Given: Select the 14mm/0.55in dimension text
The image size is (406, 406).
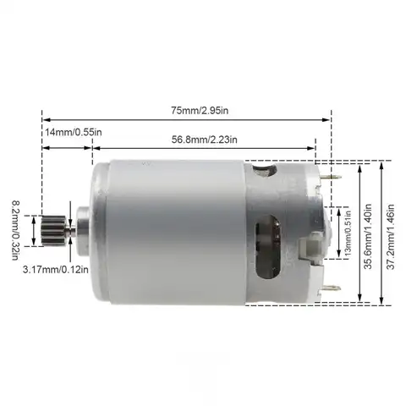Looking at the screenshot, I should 72,133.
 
